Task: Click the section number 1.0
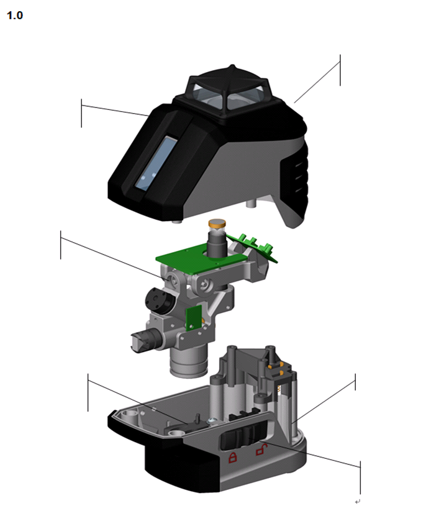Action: pyautogui.click(x=15, y=16)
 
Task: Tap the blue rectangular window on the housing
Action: pyautogui.click(x=156, y=163)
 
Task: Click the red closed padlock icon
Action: pyautogui.click(x=232, y=457)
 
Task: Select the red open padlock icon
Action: pyautogui.click(x=261, y=450)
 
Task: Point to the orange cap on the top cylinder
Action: pyautogui.click(x=217, y=224)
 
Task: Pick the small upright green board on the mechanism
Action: pyautogui.click(x=194, y=318)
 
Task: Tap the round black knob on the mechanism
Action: pyautogui.click(x=159, y=299)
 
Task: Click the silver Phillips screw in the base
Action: pyautogui.click(x=212, y=421)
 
